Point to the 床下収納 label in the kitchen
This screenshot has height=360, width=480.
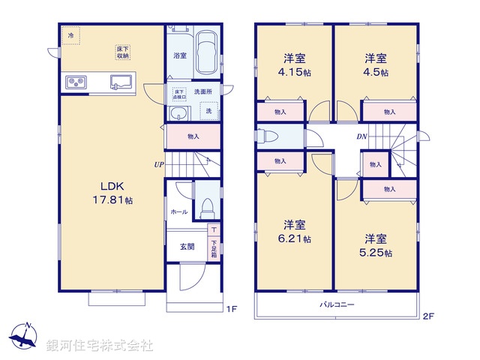122,52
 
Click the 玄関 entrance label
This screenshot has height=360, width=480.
187,247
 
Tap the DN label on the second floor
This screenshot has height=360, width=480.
361,136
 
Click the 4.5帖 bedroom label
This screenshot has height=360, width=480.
377,65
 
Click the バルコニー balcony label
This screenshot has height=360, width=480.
337,305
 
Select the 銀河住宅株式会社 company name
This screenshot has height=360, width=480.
100,346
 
